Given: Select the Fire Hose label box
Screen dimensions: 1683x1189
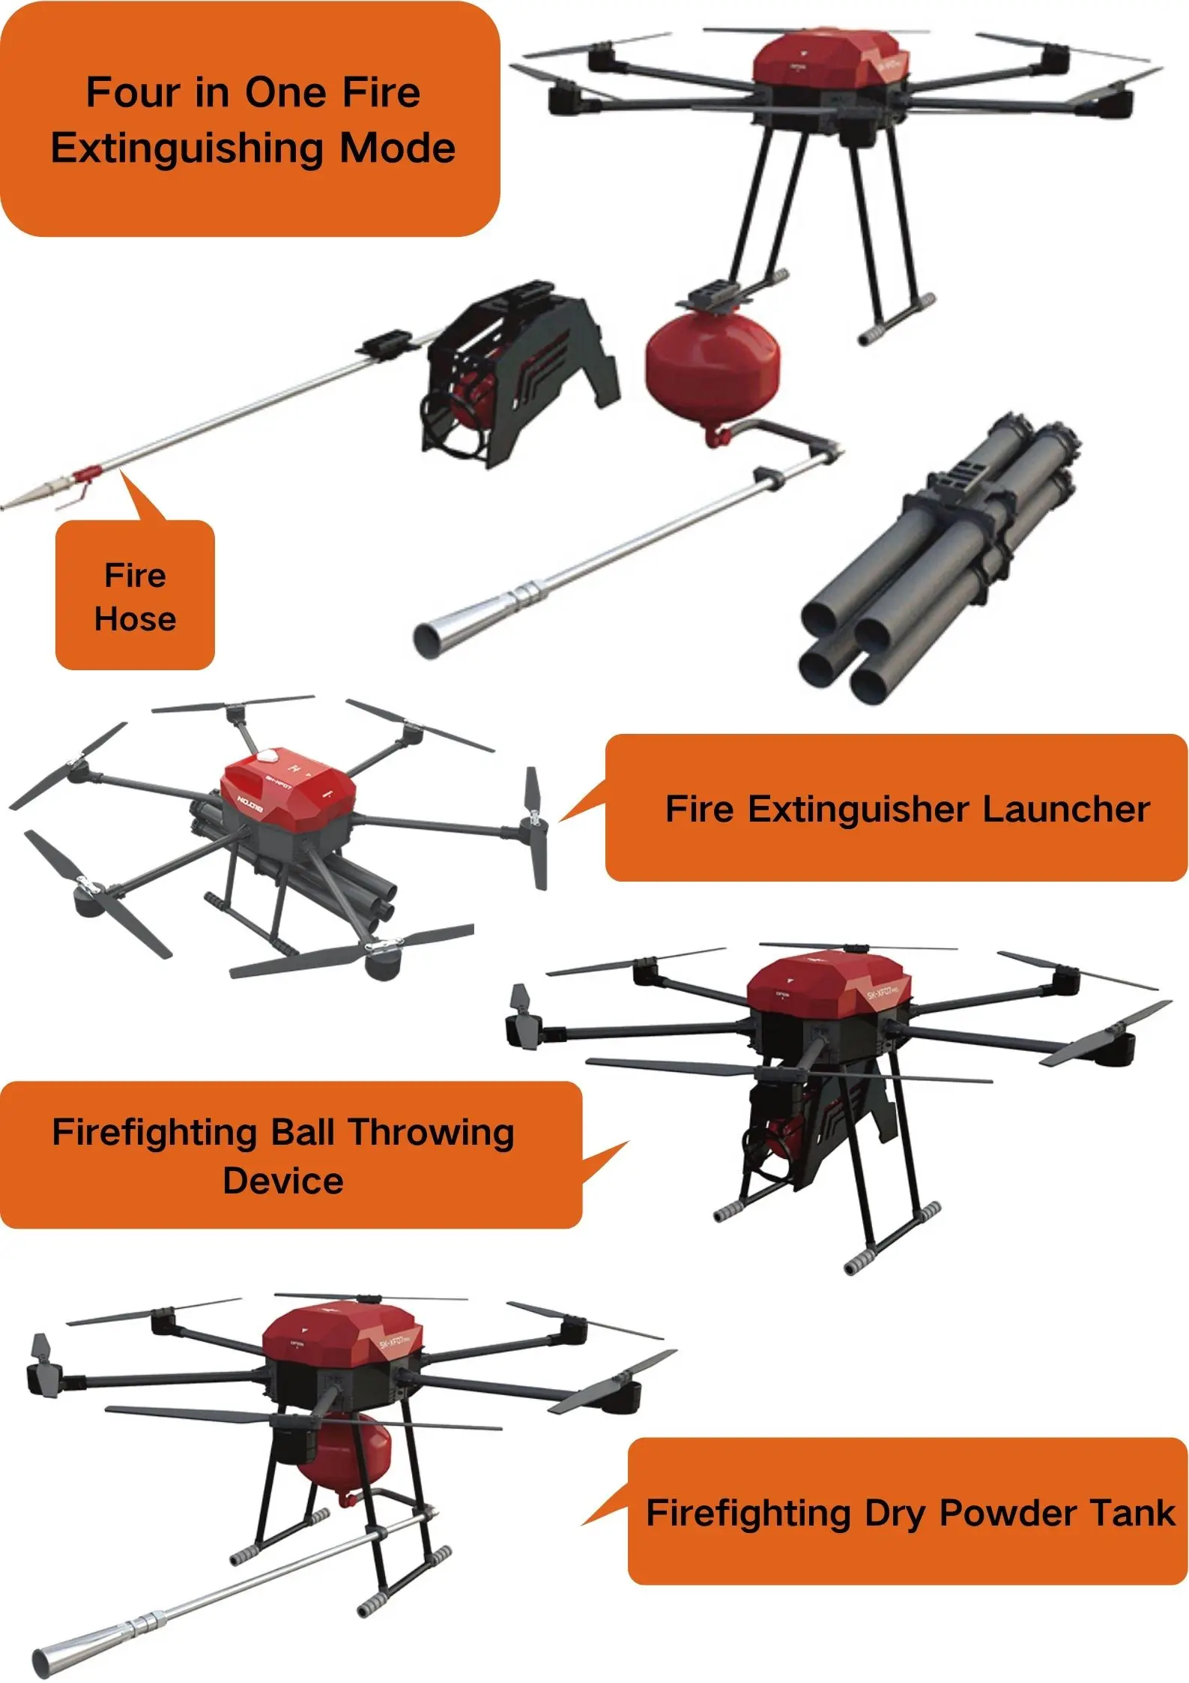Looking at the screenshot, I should [135, 596].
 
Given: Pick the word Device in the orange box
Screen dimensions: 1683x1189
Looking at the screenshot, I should [283, 1181].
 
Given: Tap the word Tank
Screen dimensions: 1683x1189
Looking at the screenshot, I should [1132, 1513].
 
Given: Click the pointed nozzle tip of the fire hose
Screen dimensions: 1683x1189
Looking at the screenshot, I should [26, 496].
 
